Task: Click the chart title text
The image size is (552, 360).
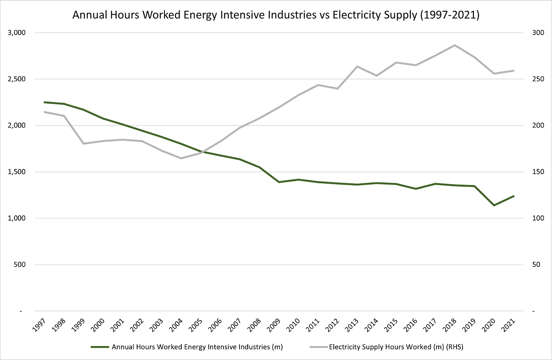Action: pyautogui.click(x=276, y=15)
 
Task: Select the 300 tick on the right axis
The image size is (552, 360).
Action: pyautogui.click(x=532, y=33)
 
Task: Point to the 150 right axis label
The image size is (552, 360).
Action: pyautogui.click(x=532, y=172)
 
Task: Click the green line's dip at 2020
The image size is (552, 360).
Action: pyautogui.click(x=494, y=205)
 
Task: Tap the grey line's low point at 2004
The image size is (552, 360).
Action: pyautogui.click(x=181, y=158)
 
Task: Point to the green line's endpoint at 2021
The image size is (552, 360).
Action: pyautogui.click(x=514, y=196)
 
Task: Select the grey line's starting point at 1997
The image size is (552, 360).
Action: pyautogui.click(x=44, y=112)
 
